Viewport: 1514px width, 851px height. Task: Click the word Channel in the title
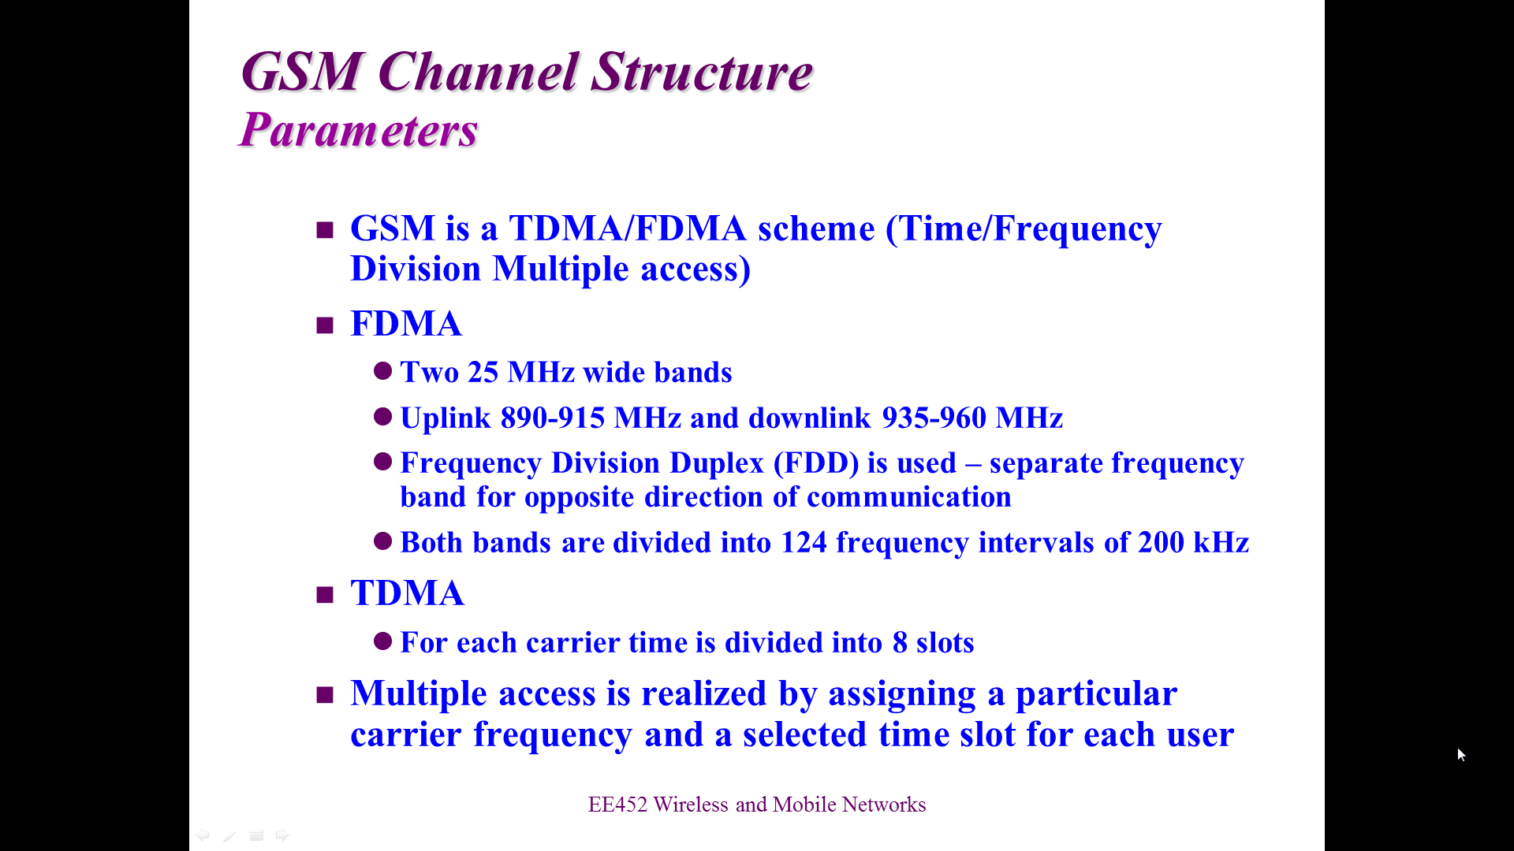tap(479, 72)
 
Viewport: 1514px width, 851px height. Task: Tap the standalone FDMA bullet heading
tap(406, 324)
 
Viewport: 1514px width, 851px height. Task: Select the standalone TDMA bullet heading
tap(407, 593)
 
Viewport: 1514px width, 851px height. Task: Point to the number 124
tap(804, 543)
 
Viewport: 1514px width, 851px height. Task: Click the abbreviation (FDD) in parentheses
tap(816, 463)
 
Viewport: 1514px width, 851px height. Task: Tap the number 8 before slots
tap(900, 643)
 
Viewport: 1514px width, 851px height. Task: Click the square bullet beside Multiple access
tap(325, 695)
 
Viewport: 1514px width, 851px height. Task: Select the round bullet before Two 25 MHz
tap(383, 371)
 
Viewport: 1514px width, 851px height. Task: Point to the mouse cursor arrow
tap(1461, 755)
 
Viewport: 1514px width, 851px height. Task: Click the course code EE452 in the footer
tap(617, 805)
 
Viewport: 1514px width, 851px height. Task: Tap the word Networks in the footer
tap(884, 805)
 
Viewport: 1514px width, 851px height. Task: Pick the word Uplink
tap(446, 418)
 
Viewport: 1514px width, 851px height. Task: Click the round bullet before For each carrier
tap(383, 641)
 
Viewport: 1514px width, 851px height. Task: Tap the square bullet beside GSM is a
tap(325, 230)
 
